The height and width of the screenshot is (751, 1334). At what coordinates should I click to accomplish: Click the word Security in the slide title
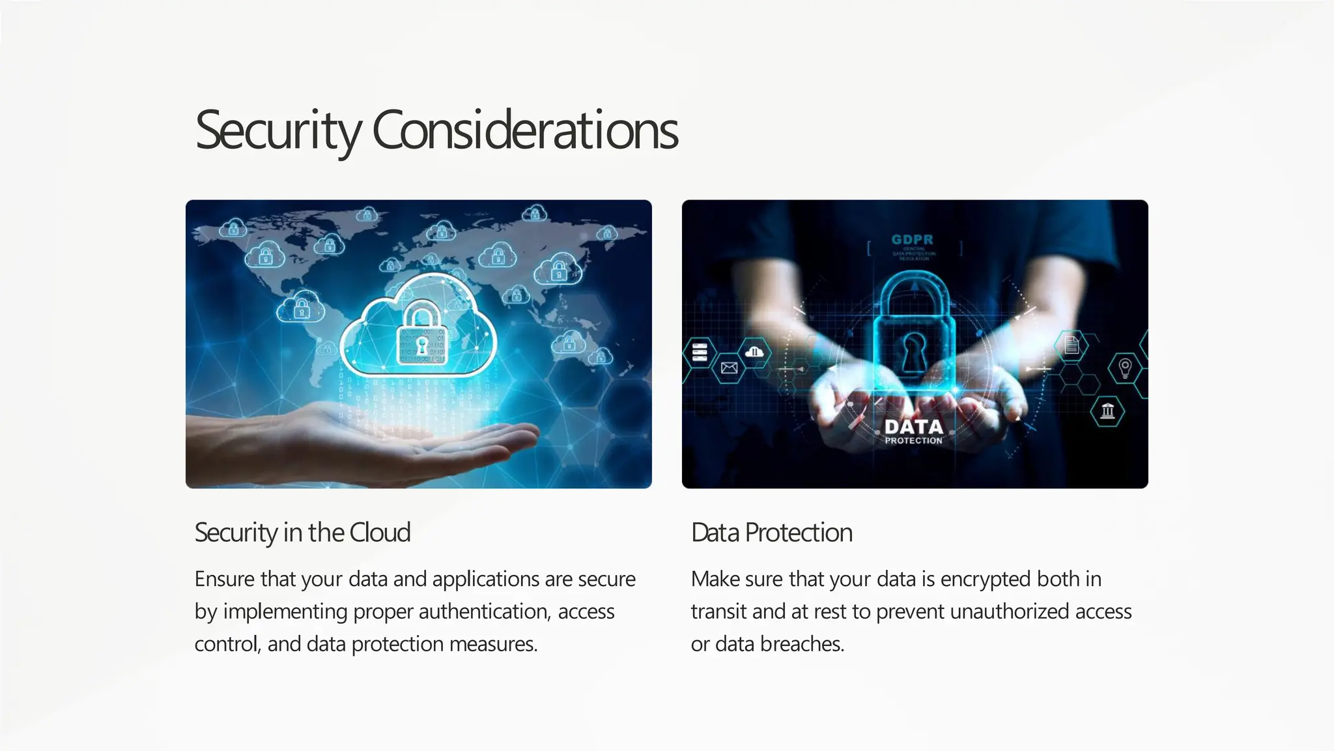point(277,130)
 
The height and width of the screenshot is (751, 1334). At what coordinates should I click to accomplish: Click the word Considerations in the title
point(525,130)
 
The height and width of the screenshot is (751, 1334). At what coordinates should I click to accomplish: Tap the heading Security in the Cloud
point(302,533)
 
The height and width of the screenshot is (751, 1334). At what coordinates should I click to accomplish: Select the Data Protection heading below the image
point(771,533)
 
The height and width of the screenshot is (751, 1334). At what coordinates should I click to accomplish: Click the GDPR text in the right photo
point(913,240)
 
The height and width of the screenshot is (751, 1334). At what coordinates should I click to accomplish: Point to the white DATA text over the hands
point(913,427)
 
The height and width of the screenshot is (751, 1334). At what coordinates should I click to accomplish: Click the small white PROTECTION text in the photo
point(913,441)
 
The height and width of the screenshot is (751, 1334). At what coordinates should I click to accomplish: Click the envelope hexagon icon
point(729,368)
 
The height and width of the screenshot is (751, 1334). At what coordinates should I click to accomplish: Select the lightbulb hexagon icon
point(1125,367)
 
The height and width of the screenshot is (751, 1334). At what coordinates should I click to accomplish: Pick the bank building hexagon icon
point(1107,411)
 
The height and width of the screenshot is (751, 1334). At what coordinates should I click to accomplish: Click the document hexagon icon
point(1071,344)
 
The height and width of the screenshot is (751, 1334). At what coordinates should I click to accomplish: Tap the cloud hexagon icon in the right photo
point(754,353)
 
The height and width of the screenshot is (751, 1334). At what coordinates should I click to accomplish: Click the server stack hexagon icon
point(699,352)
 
